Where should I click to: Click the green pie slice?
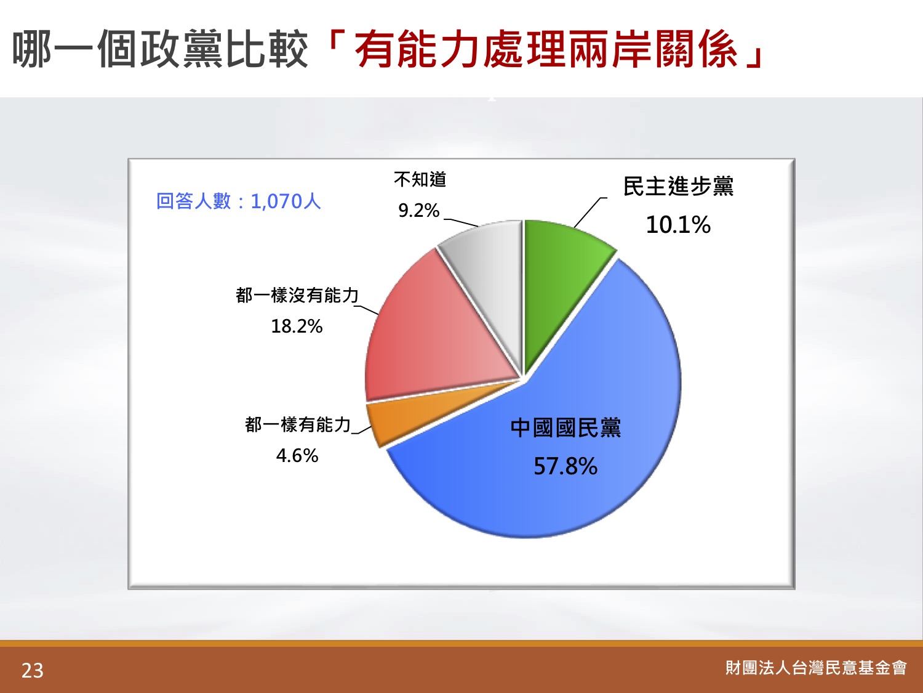click(559, 278)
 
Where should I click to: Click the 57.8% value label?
click(565, 466)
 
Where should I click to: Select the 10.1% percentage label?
click(678, 225)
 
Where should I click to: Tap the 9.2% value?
click(419, 211)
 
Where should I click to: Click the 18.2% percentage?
click(297, 326)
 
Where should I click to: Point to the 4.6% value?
click(297, 455)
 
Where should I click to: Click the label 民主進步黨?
click(678, 187)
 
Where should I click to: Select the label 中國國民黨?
click(565, 428)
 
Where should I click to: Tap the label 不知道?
click(420, 180)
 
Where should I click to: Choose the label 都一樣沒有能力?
click(297, 296)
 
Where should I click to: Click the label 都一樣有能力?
click(298, 424)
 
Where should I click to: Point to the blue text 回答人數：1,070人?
click(238, 201)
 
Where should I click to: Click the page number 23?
click(33, 671)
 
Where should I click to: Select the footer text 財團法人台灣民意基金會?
click(816, 668)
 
